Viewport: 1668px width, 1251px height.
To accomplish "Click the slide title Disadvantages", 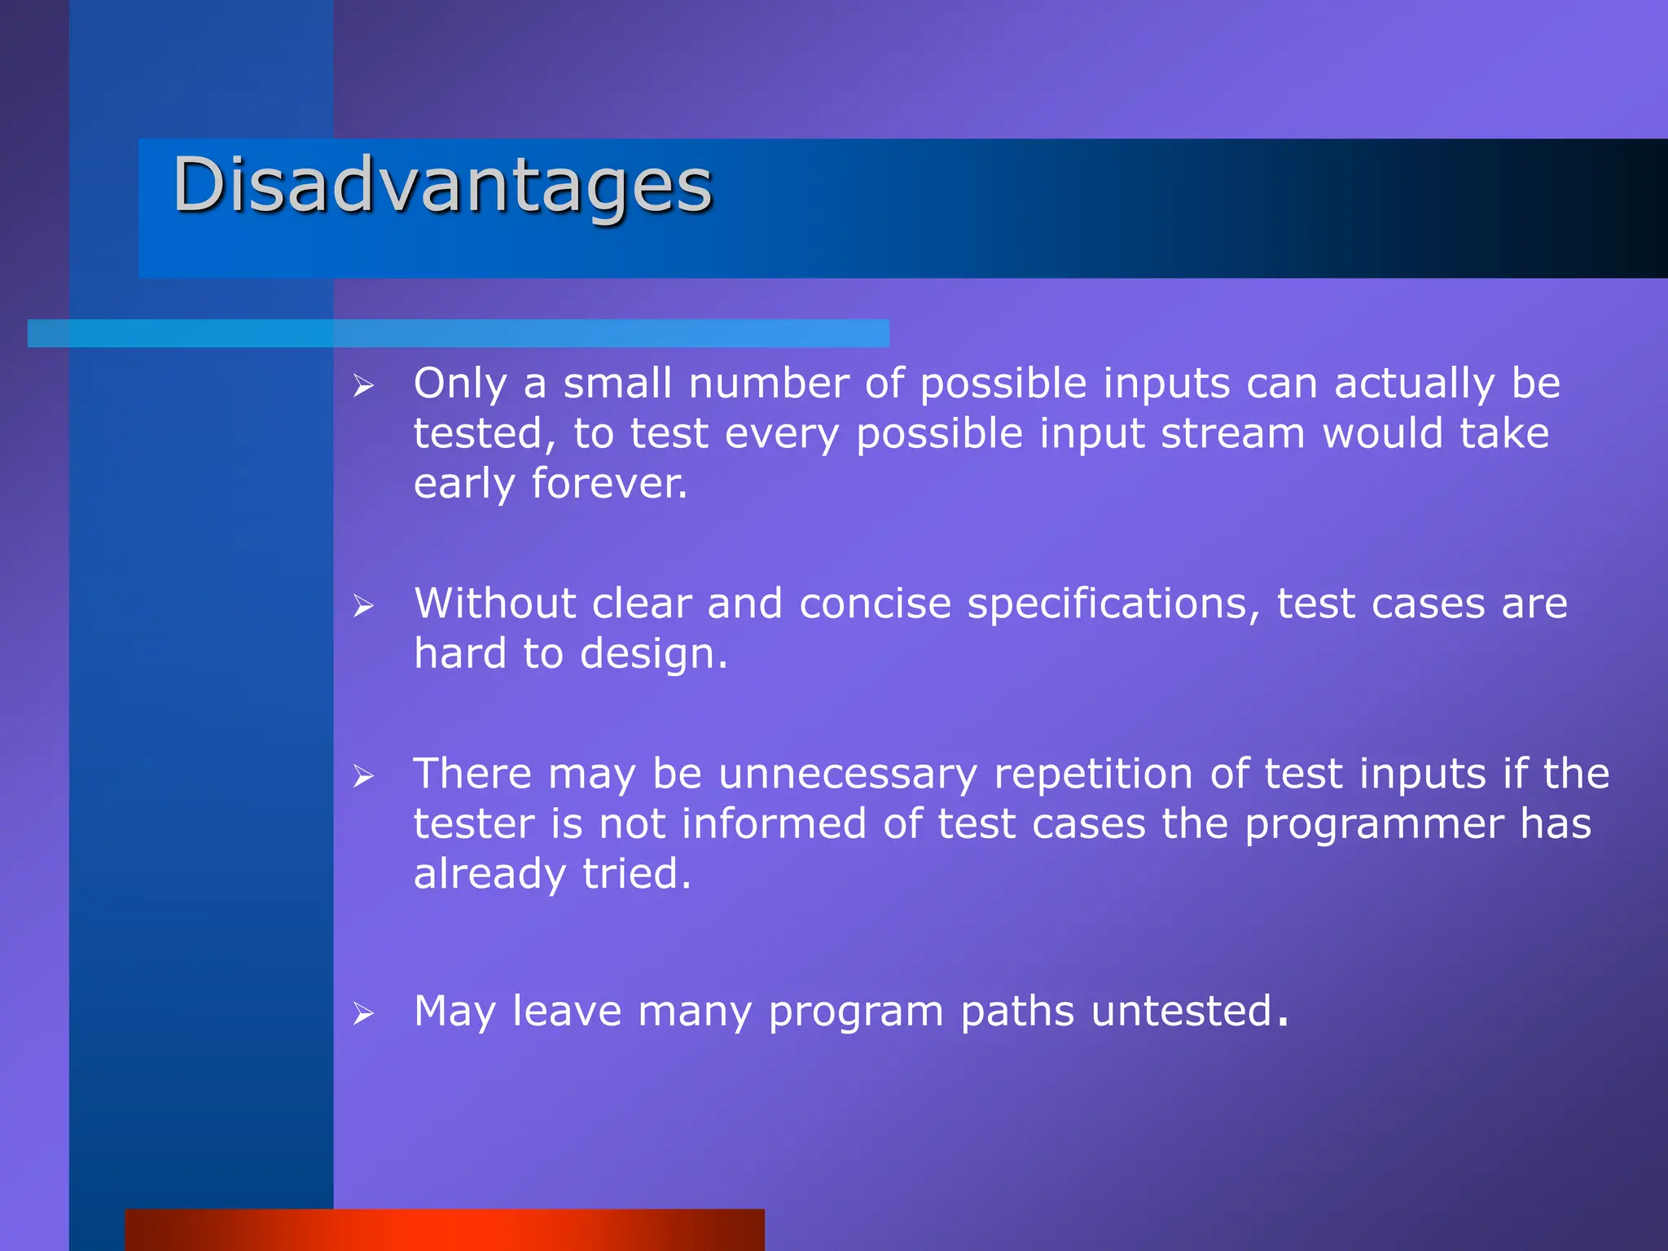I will click(x=442, y=186).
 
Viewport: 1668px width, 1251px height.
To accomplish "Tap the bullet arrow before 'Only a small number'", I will click(x=363, y=386).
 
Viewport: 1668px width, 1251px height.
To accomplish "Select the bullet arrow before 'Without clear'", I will click(x=363, y=606).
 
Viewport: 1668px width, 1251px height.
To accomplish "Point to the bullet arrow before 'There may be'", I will click(x=363, y=776).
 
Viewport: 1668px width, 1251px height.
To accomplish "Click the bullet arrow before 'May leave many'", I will click(x=363, y=1014).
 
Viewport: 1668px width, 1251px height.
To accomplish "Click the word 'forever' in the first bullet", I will click(x=607, y=483).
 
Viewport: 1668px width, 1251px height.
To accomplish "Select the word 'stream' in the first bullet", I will click(x=1232, y=433).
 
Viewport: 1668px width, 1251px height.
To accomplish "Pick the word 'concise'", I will click(x=875, y=604).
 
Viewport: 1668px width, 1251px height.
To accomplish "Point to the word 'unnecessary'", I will click(x=847, y=774).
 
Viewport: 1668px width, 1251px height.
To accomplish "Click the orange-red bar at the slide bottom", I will click(x=445, y=1230).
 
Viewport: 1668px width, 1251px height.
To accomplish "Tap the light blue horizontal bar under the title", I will click(x=458, y=333).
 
